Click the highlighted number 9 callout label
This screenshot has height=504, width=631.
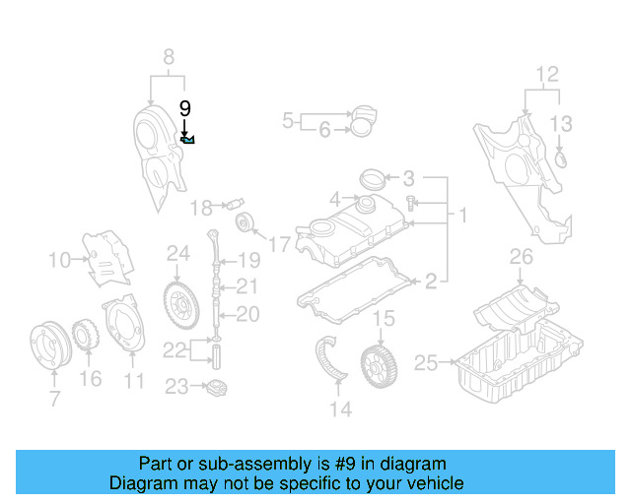pyautogui.click(x=184, y=108)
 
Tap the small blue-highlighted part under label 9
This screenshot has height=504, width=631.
pyautogui.click(x=187, y=140)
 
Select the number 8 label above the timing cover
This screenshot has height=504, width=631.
pyautogui.click(x=168, y=56)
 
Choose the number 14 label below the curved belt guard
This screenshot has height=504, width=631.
pyautogui.click(x=340, y=409)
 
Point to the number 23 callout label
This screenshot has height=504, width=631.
pyautogui.click(x=175, y=387)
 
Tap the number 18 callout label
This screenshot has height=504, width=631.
pyautogui.click(x=201, y=208)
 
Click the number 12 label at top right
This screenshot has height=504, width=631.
pyautogui.click(x=547, y=73)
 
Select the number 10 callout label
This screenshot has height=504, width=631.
pyautogui.click(x=59, y=260)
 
